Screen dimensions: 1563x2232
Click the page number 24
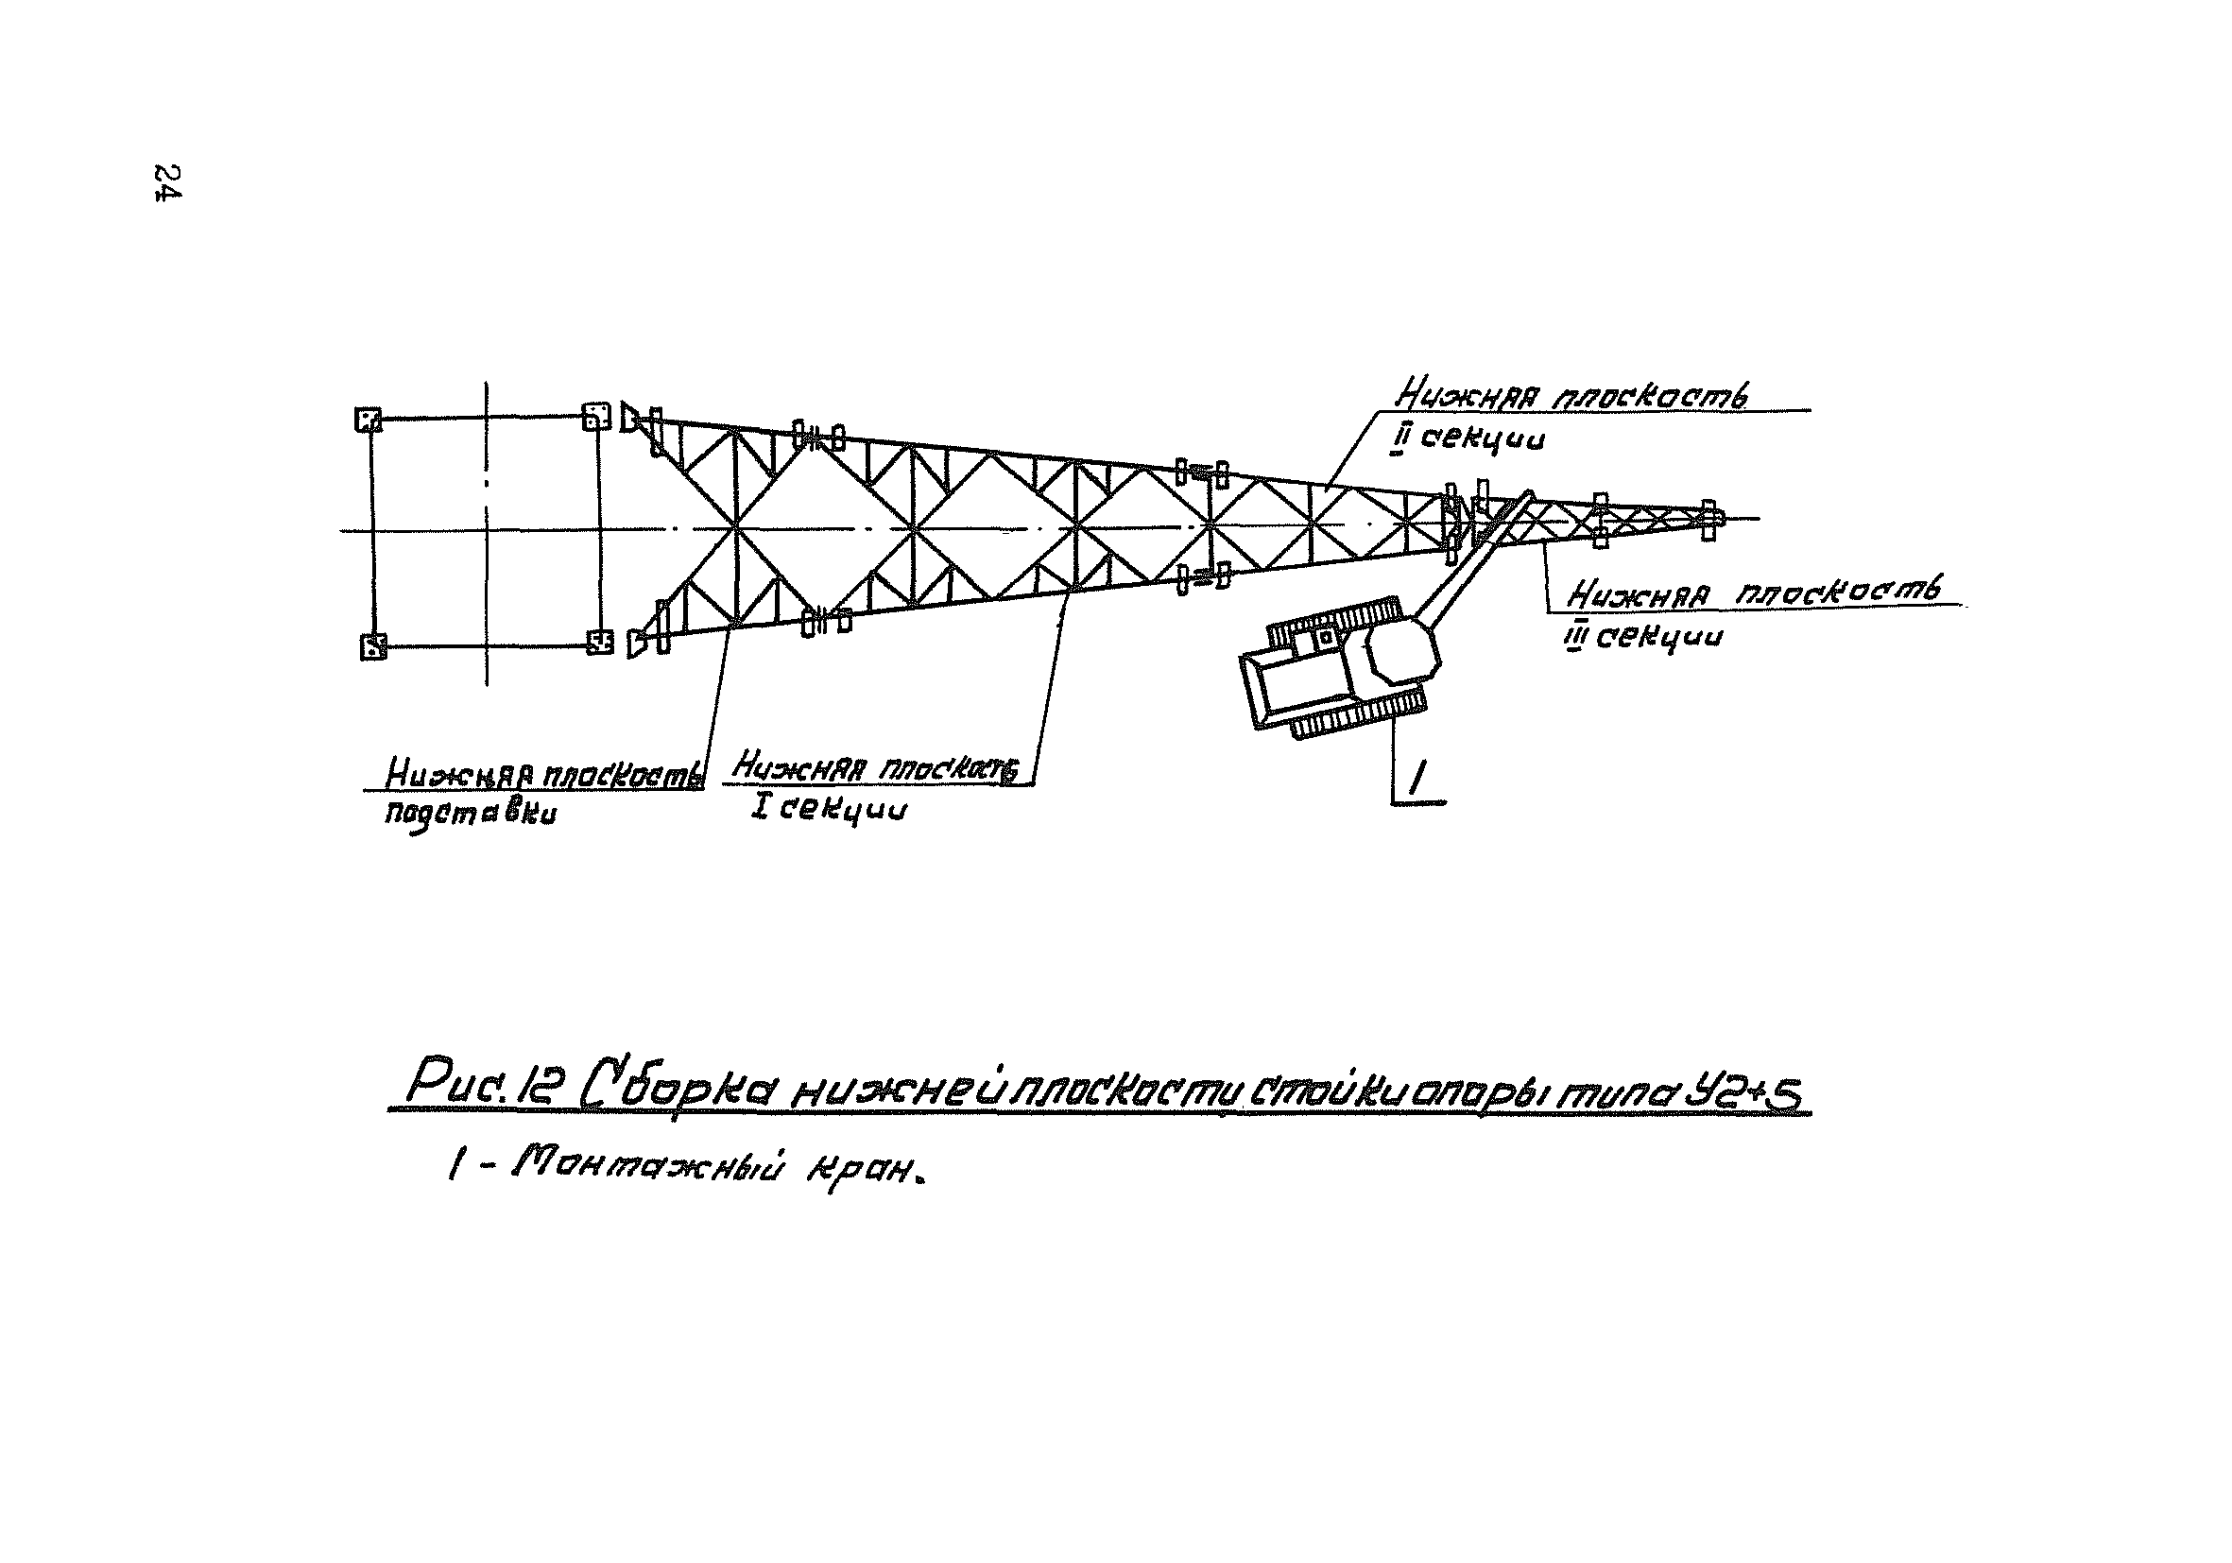pos(167,182)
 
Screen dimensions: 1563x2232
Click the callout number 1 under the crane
pos(1417,778)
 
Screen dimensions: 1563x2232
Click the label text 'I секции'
pos(828,809)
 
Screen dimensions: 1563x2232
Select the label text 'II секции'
pos(1468,439)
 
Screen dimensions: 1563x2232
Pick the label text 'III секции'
pos(1643,637)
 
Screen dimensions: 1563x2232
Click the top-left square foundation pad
pos(368,420)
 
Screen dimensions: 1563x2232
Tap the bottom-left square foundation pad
pos(373,646)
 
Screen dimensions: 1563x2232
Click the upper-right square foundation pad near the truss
pos(595,417)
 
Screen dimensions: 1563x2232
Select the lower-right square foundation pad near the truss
pos(600,642)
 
